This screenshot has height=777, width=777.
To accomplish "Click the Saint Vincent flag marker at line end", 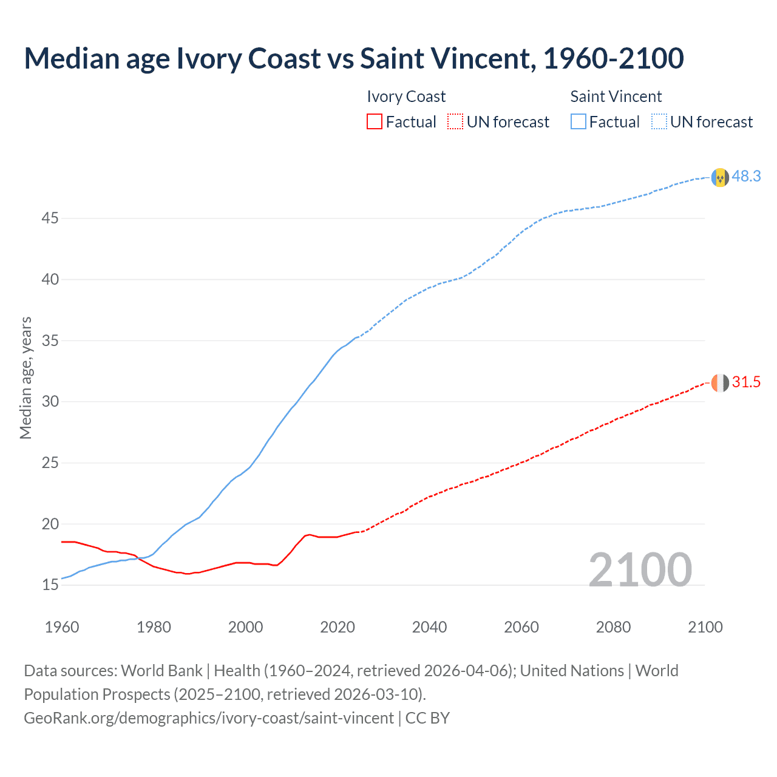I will pos(720,177).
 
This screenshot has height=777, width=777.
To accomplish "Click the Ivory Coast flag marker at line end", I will pos(720,383).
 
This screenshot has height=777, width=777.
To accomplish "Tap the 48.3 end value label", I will pos(746,176).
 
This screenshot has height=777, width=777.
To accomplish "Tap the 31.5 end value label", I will pos(746,382).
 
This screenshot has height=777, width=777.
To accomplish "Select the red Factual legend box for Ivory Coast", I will pos(375,122).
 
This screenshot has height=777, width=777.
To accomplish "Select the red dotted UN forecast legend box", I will pos(455,122).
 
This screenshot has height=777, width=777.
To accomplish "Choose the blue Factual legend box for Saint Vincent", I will pos(579,122).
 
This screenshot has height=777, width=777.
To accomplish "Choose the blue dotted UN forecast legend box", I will pos(659,122).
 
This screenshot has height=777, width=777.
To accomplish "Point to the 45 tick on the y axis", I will pos(50,218).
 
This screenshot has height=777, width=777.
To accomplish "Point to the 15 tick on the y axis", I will pos(50,585).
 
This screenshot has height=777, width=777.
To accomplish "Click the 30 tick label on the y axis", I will pos(50,402).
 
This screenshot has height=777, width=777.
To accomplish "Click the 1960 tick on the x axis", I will pos(62,627).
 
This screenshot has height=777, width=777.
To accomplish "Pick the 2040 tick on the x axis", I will pos(429,627).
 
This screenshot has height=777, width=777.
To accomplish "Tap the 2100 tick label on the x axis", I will pos(705,627).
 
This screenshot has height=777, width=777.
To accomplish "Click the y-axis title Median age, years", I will pos(25,378).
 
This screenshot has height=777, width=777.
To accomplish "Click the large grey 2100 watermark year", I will pos(640,569).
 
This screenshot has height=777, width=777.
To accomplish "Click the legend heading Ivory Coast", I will pos(406,97).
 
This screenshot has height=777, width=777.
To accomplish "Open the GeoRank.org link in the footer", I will pos(209,718).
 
